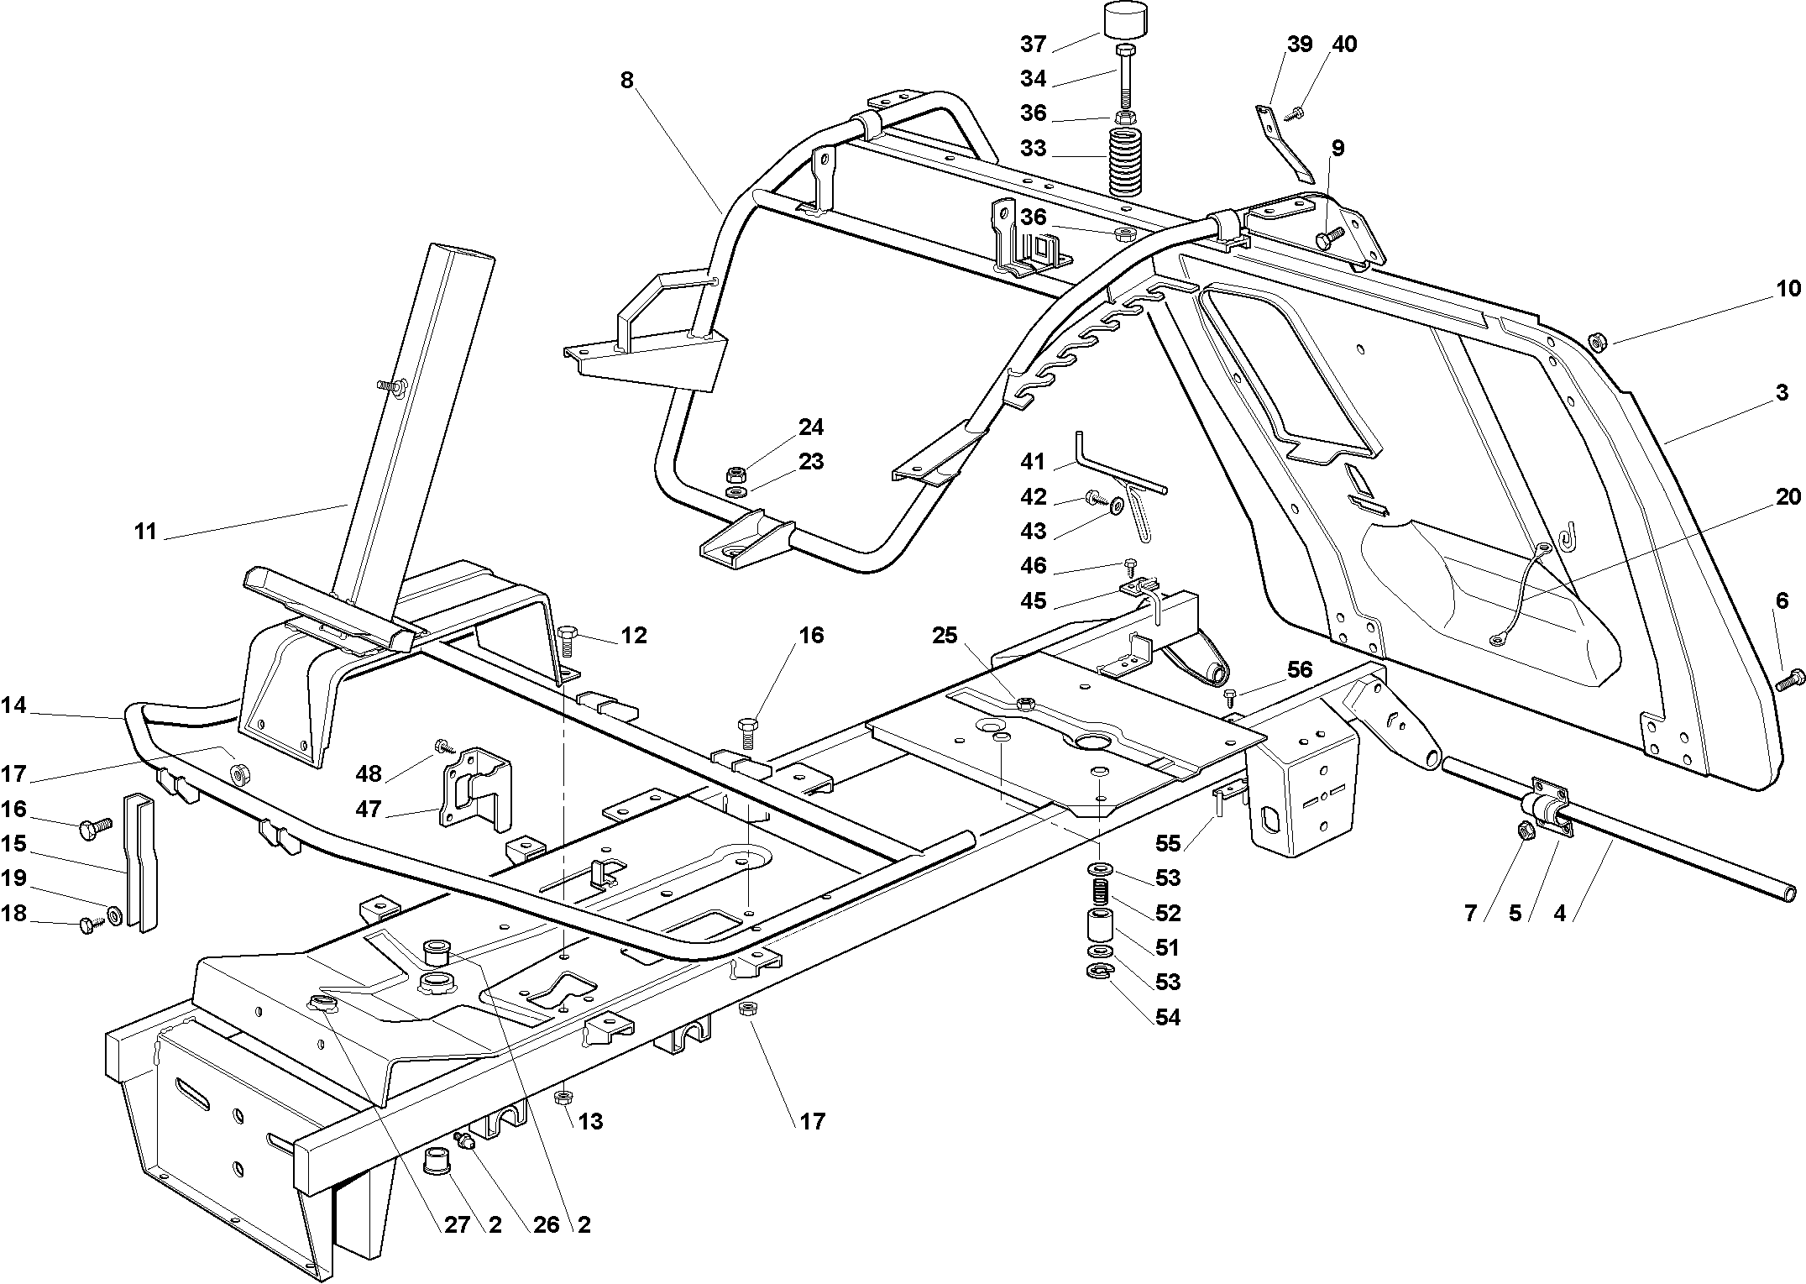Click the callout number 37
coord(1034,43)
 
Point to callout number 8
coord(626,80)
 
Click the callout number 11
coord(145,532)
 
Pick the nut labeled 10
coord(1598,341)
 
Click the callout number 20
coord(1788,497)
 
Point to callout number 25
coord(945,636)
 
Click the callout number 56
coord(1300,668)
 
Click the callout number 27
coord(457,1224)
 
